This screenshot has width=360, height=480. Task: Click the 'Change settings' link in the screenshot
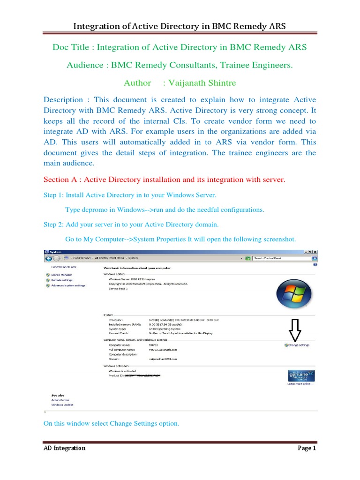[298, 345]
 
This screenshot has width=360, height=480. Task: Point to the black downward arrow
[295, 330]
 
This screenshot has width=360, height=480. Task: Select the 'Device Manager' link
[61, 275]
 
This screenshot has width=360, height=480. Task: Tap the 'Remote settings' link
[62, 280]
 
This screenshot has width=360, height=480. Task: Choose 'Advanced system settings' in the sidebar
[68, 285]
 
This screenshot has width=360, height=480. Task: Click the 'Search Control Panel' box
[280, 258]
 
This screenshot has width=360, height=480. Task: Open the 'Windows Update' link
[62, 405]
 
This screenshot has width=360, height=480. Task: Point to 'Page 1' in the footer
[307, 448]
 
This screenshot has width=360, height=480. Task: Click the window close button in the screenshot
[315, 252]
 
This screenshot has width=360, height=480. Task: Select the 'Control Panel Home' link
[64, 267]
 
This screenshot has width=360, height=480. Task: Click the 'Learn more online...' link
[300, 384]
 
